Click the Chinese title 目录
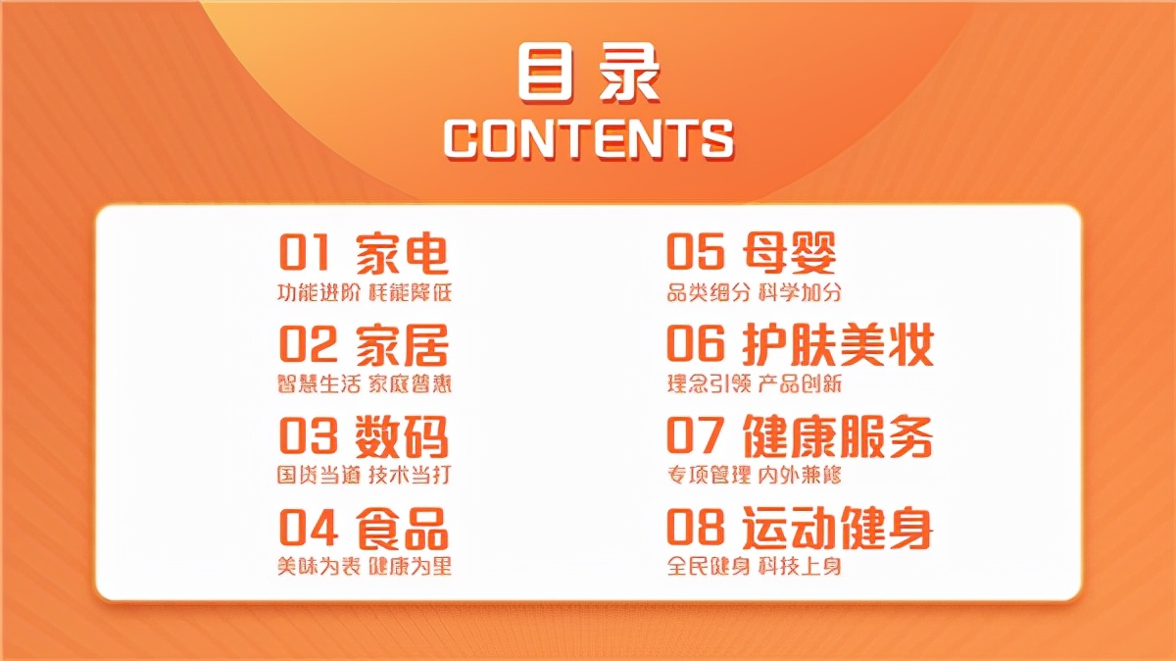click(x=588, y=73)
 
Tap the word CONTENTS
click(x=589, y=138)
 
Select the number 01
click(x=304, y=253)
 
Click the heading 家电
click(x=402, y=253)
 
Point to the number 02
click(x=307, y=344)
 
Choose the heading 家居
click(x=402, y=344)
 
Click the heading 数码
click(x=402, y=436)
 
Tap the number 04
click(x=308, y=527)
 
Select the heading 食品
click(x=402, y=528)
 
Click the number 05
click(x=695, y=252)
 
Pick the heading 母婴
click(x=789, y=253)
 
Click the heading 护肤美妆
click(x=838, y=344)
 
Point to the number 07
click(x=695, y=435)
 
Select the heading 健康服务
click(x=838, y=436)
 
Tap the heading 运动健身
click(x=838, y=528)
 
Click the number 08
click(x=695, y=527)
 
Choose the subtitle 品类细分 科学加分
click(x=755, y=292)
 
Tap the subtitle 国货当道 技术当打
click(x=365, y=476)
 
